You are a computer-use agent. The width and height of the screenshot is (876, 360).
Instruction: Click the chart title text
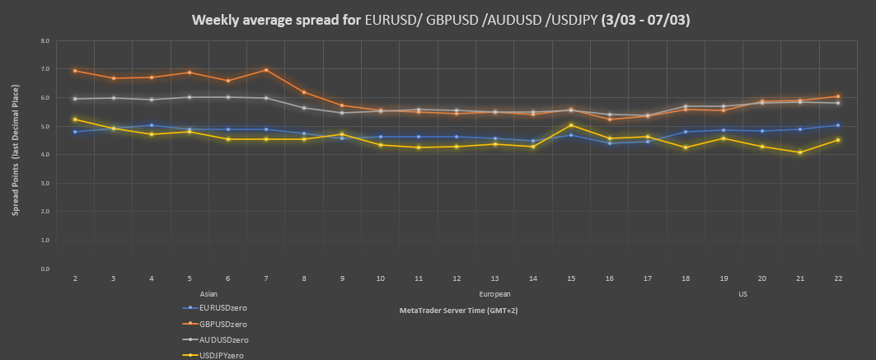(x=441, y=20)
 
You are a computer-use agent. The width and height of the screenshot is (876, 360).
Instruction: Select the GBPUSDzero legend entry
(x=224, y=323)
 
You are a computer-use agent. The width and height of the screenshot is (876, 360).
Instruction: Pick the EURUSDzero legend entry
(x=223, y=307)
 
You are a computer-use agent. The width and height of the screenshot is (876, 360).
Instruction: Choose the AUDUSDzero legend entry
(x=224, y=339)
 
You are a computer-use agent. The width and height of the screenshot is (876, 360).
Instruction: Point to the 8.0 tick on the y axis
(x=45, y=40)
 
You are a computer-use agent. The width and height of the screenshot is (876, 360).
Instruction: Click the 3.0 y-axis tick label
(x=45, y=183)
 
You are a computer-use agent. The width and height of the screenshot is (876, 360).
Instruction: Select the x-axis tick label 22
(x=837, y=279)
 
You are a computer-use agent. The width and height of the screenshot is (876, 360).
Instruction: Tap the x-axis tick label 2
(x=75, y=279)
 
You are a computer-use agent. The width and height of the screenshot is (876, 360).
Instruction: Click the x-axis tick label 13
(x=494, y=279)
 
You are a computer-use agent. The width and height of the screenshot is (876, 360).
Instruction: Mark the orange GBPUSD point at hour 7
(x=265, y=70)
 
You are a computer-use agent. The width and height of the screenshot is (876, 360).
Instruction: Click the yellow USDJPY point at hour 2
(x=75, y=119)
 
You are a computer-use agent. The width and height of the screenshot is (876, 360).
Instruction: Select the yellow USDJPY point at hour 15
(x=570, y=125)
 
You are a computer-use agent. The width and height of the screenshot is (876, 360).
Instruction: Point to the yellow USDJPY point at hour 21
(x=799, y=152)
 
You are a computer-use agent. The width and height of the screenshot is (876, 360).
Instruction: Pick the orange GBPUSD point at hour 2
(x=75, y=71)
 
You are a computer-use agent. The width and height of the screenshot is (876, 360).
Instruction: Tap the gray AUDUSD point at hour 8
(x=303, y=108)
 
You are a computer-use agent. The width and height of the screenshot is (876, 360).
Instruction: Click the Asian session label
(x=208, y=293)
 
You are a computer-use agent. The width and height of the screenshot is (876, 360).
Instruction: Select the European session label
(x=494, y=293)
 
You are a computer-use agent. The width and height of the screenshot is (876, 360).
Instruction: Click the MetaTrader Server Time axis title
(x=458, y=311)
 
